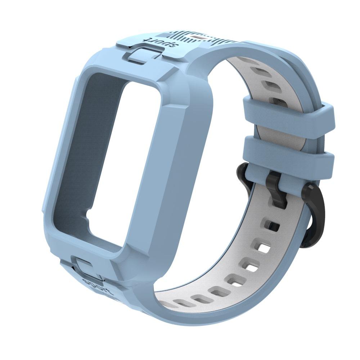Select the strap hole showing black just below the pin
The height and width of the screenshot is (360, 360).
(x=273, y=226)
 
